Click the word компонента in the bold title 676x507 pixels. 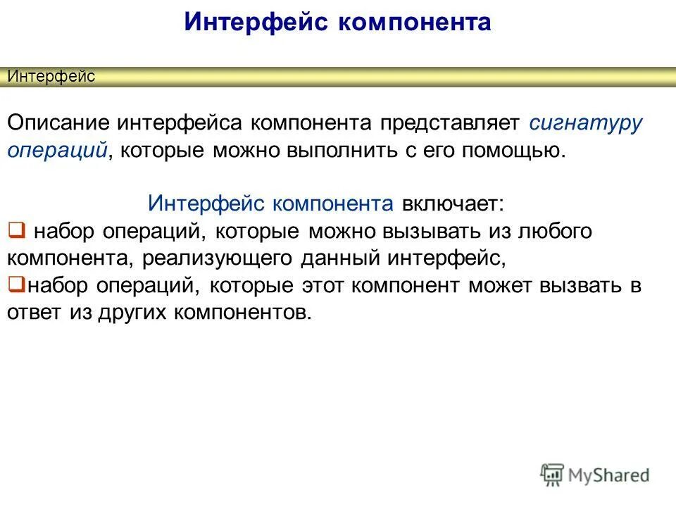tap(415, 22)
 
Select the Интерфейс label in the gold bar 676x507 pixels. tap(51, 77)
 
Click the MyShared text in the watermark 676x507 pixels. tap(611, 476)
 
